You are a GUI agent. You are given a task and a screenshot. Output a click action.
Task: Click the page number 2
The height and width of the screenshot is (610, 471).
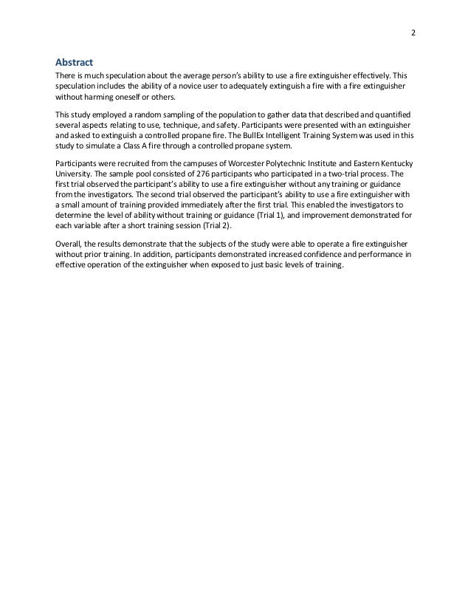(x=413, y=33)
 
